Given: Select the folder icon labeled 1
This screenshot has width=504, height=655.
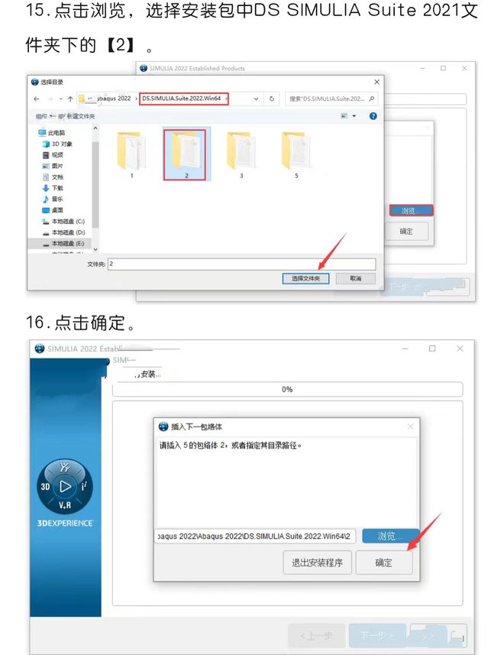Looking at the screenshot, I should pyautogui.click(x=131, y=151).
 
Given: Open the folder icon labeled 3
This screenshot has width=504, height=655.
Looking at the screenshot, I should pyautogui.click(x=240, y=151).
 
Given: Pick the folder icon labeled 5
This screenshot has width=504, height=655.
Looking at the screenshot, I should pyautogui.click(x=295, y=151).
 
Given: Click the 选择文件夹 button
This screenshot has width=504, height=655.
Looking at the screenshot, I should pyautogui.click(x=305, y=279).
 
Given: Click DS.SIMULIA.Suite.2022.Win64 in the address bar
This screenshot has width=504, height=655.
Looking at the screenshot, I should pyautogui.click(x=183, y=99).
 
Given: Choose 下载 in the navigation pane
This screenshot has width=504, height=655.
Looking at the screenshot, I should pyautogui.click(x=58, y=188).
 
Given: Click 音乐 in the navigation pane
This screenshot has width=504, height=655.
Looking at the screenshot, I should pyautogui.click(x=58, y=199).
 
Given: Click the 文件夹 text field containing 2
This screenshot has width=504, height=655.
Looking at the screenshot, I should pyautogui.click(x=241, y=264).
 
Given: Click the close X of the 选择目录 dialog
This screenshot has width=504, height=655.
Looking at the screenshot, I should pyautogui.click(x=376, y=82).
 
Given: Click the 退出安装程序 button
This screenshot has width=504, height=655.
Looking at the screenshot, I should pyautogui.click(x=317, y=563).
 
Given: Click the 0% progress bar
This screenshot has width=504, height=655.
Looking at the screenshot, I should pyautogui.click(x=287, y=389).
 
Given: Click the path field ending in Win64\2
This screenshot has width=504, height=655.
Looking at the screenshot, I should pyautogui.click(x=256, y=536).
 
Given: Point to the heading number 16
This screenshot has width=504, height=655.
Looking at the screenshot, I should pyautogui.click(x=37, y=323).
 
